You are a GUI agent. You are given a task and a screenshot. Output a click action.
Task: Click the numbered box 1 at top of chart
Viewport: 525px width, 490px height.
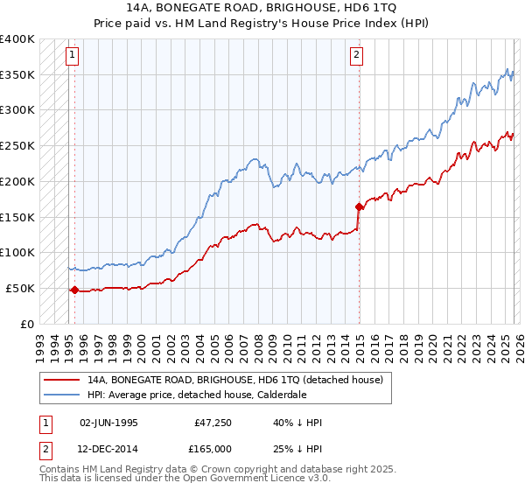tap(72, 55)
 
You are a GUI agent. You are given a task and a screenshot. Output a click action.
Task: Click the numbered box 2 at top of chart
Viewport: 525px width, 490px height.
tap(357, 55)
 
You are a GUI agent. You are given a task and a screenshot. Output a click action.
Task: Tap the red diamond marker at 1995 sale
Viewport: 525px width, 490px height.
tap(74, 290)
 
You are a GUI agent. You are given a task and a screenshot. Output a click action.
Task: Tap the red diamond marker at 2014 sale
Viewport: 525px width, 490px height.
tap(359, 206)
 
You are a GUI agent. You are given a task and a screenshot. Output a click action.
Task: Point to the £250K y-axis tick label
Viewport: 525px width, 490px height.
tap(17, 145)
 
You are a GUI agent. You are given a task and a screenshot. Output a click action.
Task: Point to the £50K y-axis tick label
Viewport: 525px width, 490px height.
tap(21, 288)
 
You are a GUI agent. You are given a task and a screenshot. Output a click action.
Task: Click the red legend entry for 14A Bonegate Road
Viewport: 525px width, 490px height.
tap(234, 381)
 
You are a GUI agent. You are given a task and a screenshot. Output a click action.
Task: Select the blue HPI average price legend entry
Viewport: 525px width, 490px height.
tap(209, 395)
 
